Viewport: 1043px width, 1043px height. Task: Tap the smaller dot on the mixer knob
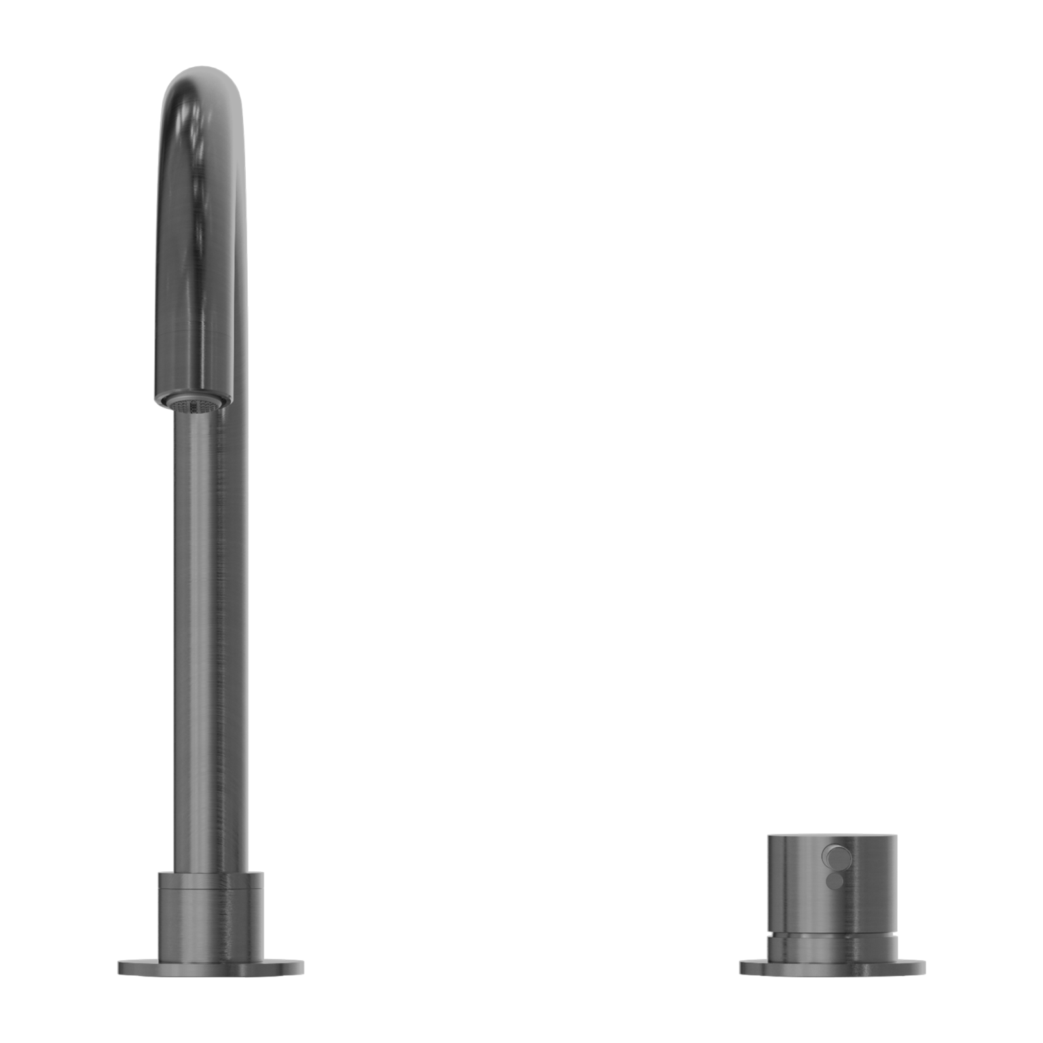(834, 880)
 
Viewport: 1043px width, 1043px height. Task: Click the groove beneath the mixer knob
(832, 935)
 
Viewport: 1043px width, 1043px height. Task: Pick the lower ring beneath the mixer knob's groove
(832, 948)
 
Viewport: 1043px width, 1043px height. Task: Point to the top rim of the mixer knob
(832, 835)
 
